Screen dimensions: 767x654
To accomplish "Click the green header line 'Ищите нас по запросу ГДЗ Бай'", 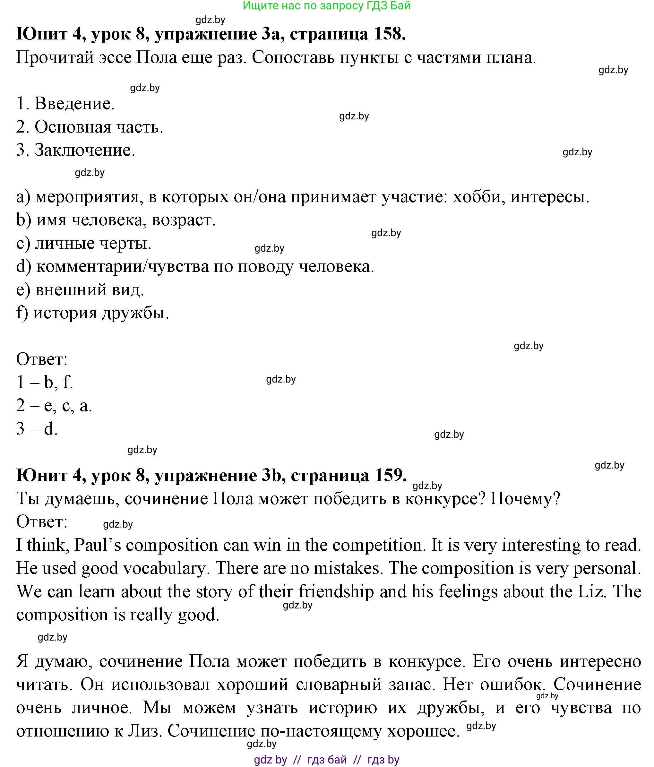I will [x=326, y=6].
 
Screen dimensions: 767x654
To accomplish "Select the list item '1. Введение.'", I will [x=65, y=104].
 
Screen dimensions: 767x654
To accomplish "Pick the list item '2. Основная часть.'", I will [x=90, y=127].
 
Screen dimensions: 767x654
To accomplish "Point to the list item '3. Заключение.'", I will [x=75, y=150].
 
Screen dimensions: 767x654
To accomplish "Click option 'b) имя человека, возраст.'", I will [x=116, y=220].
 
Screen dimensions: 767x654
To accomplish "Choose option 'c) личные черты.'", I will [x=84, y=244].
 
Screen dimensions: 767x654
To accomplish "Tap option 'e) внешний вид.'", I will [x=80, y=290].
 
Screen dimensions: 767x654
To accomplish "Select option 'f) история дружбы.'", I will [x=92, y=313].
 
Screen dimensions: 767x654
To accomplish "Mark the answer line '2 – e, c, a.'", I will [x=54, y=406].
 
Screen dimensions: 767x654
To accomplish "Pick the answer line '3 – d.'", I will [x=37, y=429].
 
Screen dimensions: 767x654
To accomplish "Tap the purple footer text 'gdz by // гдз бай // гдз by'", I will [x=326, y=760].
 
